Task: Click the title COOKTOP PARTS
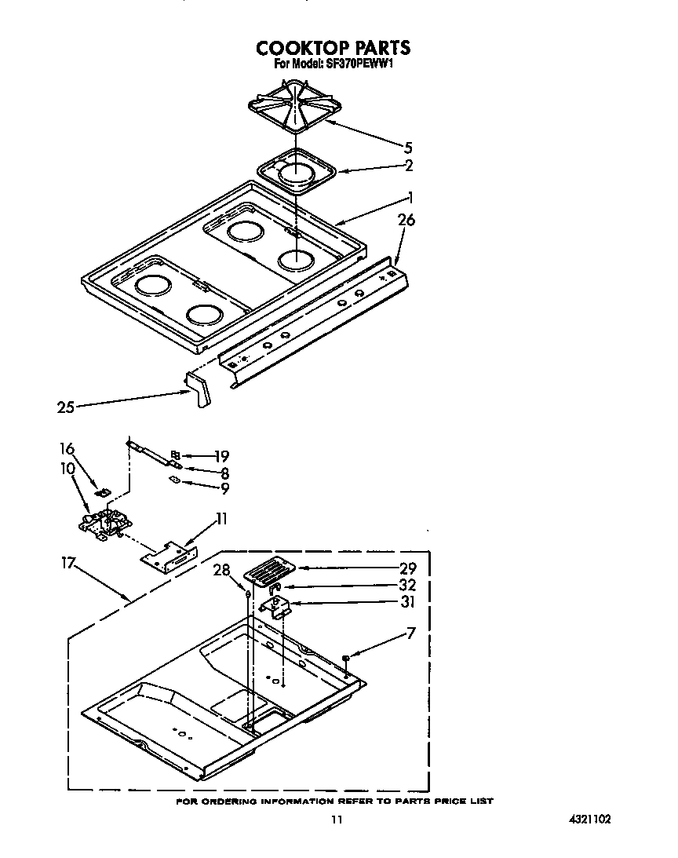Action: click(334, 48)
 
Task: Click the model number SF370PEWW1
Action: click(333, 65)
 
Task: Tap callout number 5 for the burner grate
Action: click(407, 148)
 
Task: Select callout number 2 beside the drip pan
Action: click(408, 166)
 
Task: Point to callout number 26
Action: click(406, 221)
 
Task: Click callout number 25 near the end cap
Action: click(65, 407)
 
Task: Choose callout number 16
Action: click(67, 449)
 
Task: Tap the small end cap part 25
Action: click(197, 389)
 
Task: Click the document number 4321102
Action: click(589, 819)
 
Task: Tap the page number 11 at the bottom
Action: click(336, 820)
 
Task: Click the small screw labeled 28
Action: click(248, 594)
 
